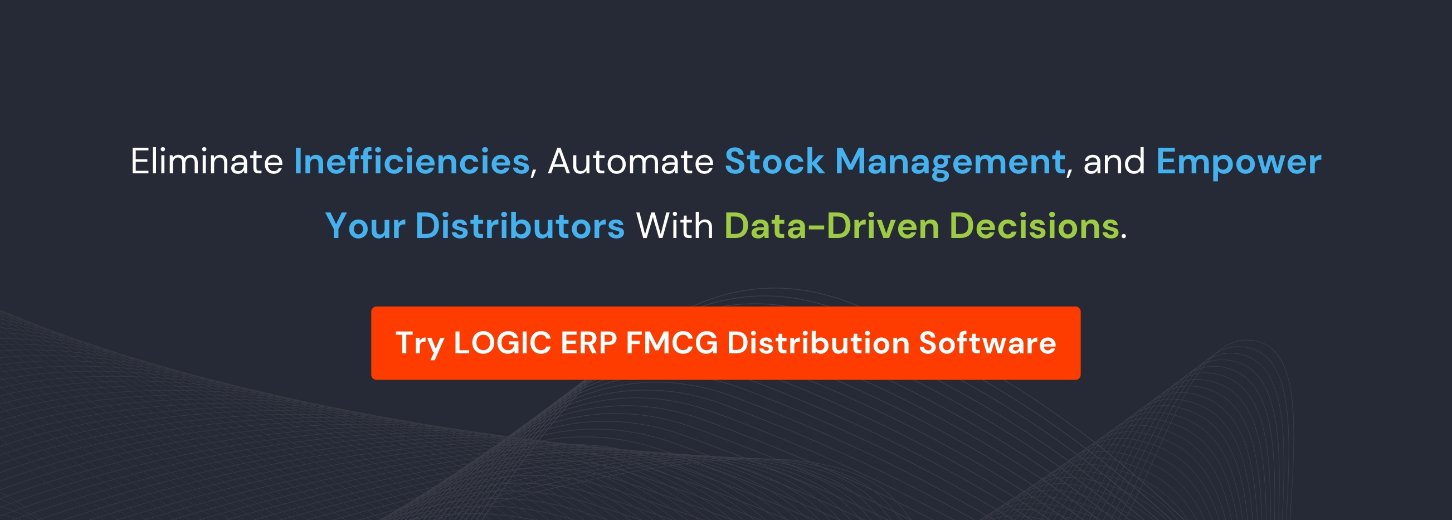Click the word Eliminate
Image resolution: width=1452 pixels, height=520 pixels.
click(206, 162)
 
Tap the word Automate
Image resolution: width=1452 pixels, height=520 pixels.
click(631, 162)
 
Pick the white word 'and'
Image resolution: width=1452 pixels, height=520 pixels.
click(1114, 162)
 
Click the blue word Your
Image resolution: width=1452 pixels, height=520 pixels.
click(366, 226)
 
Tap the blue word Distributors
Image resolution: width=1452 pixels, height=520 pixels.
click(520, 226)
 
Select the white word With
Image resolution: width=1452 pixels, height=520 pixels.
click(675, 226)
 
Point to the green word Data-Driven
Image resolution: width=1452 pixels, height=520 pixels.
click(831, 226)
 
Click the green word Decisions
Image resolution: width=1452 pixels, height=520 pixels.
click(1034, 226)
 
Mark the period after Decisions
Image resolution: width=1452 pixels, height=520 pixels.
click(1123, 237)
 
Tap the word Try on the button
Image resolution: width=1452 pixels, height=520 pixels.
click(420, 344)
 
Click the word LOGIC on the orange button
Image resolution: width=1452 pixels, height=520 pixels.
click(502, 343)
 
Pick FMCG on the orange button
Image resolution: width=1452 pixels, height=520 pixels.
click(672, 343)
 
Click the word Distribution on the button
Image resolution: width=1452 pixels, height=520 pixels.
click(818, 343)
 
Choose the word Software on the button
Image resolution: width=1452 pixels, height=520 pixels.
click(987, 343)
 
